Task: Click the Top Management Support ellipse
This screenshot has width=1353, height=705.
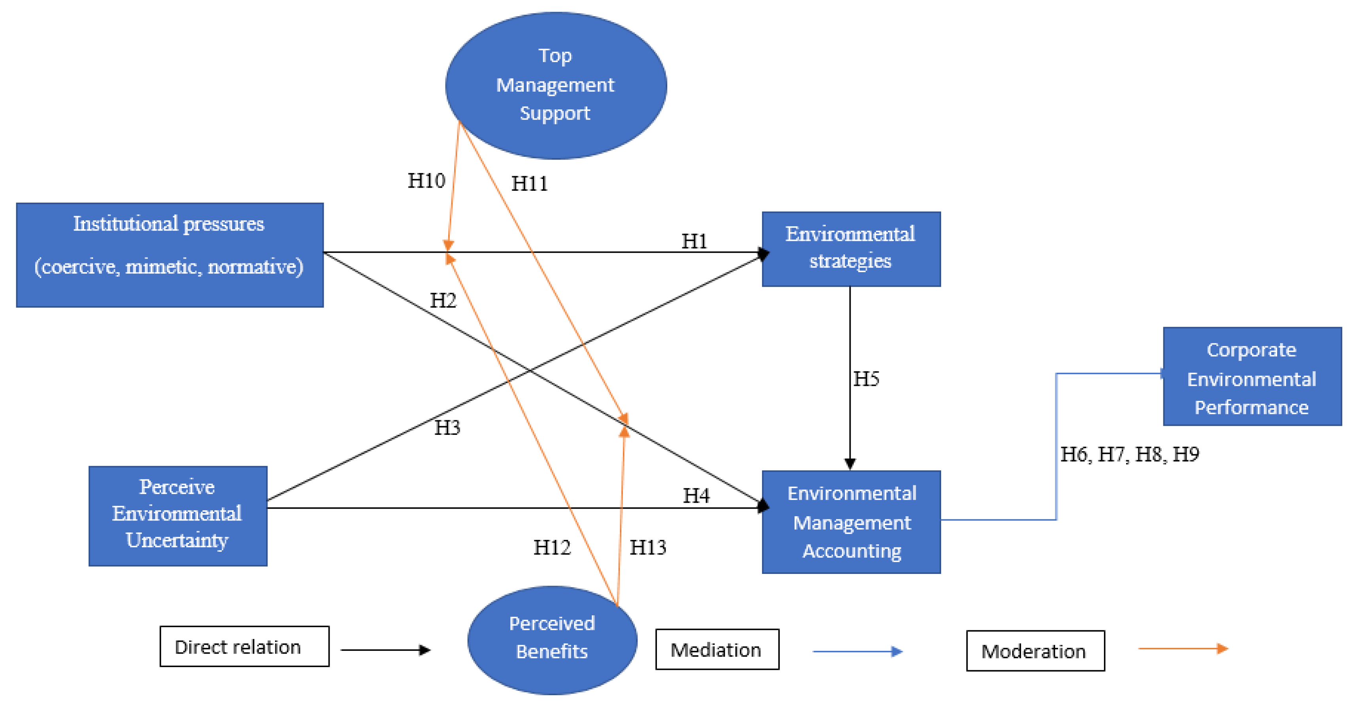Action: point(556,85)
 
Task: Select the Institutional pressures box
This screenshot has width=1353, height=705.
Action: point(170,255)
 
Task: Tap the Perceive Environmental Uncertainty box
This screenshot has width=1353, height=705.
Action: point(177,515)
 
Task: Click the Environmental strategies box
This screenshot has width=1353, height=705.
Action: point(851,249)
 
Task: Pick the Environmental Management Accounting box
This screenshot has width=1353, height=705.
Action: point(851,522)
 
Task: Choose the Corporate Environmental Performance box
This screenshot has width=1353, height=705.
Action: point(1252,376)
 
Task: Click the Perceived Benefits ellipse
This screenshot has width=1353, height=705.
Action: point(552,640)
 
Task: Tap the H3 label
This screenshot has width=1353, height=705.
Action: point(447,428)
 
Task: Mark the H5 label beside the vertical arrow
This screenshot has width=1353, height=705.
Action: point(866,378)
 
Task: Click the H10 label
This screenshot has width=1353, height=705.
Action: point(426,180)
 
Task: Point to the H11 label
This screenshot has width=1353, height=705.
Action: point(529,184)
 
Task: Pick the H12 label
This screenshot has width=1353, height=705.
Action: point(551,547)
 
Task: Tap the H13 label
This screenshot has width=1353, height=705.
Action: point(647,547)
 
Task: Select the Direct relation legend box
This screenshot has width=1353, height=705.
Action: point(244,646)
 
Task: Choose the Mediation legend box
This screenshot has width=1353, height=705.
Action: point(717,649)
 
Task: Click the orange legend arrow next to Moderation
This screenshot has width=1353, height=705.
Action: point(1182,649)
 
